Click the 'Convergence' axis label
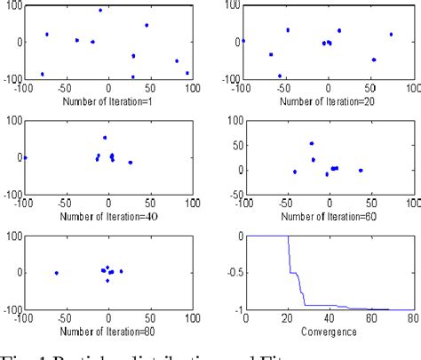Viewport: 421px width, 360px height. pos(330,328)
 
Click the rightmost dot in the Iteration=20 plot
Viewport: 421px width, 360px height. pos(391,35)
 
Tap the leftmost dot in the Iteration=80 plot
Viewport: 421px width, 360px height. pos(57,273)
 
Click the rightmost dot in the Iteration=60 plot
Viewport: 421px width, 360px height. pos(361,171)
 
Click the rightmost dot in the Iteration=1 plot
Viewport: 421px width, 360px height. pos(187,73)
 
